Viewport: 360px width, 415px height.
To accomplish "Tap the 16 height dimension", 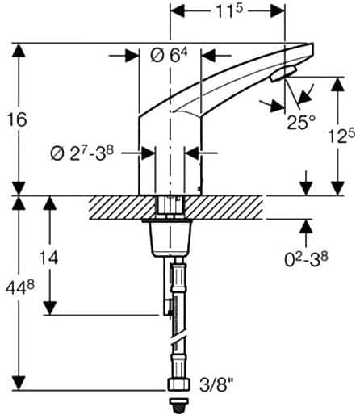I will click(16, 119).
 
